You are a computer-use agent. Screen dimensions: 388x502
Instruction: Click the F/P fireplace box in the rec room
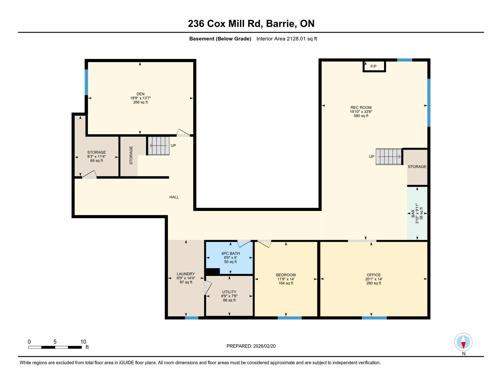click(374, 66)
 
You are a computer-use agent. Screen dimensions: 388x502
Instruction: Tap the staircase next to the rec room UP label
click(388, 157)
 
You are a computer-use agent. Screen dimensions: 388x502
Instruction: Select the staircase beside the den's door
click(159, 145)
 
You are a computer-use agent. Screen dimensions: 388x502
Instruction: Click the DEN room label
click(140, 94)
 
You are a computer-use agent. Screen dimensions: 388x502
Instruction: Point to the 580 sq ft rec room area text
click(361, 116)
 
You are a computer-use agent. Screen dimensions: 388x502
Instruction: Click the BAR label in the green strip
click(413, 213)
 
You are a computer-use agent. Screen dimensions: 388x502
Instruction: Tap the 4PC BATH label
click(230, 253)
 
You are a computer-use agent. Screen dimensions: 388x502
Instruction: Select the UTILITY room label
click(229, 292)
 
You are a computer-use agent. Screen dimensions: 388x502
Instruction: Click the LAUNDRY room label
click(186, 274)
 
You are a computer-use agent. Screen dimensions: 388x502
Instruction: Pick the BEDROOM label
click(286, 275)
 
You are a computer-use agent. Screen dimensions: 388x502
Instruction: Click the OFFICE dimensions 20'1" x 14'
click(373, 279)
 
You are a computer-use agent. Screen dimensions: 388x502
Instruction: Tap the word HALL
click(174, 197)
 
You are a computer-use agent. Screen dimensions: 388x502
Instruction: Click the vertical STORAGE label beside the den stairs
click(131, 155)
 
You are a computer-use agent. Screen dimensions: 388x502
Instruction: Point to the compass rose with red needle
click(463, 342)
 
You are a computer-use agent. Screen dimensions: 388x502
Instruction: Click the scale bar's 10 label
click(83, 342)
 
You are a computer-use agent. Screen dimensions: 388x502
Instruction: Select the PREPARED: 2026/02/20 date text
click(251, 346)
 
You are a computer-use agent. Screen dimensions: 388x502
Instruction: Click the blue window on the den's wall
click(86, 82)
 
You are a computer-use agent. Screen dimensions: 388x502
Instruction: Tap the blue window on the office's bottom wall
click(374, 318)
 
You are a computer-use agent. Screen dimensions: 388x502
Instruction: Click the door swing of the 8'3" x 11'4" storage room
click(90, 175)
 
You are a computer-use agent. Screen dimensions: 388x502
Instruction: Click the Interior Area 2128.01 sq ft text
click(286, 39)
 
